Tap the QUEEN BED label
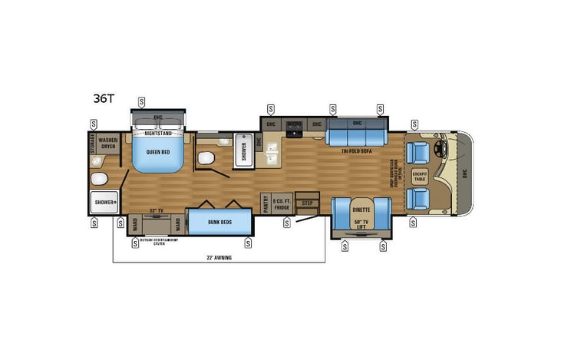(157, 151)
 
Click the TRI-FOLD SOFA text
(355, 152)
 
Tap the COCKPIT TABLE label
(419, 176)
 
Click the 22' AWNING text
(219, 257)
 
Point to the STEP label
(307, 204)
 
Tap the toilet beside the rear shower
(98, 178)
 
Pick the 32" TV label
(157, 209)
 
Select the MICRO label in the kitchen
(294, 123)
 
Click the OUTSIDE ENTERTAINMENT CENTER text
(157, 241)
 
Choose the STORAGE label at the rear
(92, 144)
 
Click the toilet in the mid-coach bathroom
(206, 157)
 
